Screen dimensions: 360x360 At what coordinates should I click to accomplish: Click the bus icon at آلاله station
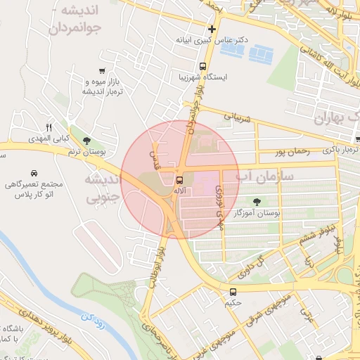click(180, 179)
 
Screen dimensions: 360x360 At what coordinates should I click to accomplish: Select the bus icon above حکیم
click(233, 291)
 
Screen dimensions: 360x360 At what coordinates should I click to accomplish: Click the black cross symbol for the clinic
click(211, 29)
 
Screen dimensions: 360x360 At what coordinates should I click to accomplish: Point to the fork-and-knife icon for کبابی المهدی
click(49, 127)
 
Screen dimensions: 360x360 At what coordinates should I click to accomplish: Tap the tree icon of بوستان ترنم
click(86, 141)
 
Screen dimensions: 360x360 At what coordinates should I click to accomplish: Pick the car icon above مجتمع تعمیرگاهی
click(34, 173)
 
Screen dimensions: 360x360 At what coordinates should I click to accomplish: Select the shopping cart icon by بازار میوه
click(103, 70)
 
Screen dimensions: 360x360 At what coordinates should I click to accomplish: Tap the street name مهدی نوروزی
click(219, 200)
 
